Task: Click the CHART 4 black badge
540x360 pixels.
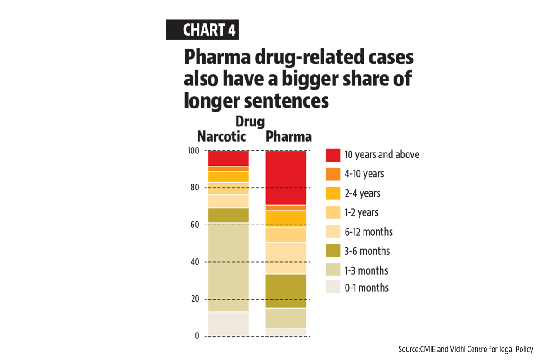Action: pyautogui.click(x=202, y=30)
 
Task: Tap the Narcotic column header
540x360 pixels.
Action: pyautogui.click(x=222, y=136)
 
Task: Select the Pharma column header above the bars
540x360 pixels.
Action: pyautogui.click(x=288, y=136)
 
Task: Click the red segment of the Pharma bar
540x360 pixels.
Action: pyautogui.click(x=286, y=177)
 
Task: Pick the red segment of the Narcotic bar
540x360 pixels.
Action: pyautogui.click(x=228, y=158)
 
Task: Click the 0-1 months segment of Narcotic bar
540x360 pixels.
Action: pyautogui.click(x=228, y=324)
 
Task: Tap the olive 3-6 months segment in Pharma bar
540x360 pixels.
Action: pyautogui.click(x=286, y=291)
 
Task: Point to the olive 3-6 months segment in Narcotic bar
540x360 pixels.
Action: pyautogui.click(x=228, y=215)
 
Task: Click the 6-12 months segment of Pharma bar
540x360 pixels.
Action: pyautogui.click(x=286, y=258)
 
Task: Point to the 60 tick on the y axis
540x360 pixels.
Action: pyautogui.click(x=195, y=225)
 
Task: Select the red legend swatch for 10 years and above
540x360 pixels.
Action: pyautogui.click(x=333, y=155)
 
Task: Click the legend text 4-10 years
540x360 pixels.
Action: pyautogui.click(x=364, y=174)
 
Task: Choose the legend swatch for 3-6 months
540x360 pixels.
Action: pyautogui.click(x=333, y=251)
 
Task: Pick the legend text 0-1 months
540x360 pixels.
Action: pyautogui.click(x=367, y=288)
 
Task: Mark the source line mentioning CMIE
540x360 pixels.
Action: pyautogui.click(x=465, y=349)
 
